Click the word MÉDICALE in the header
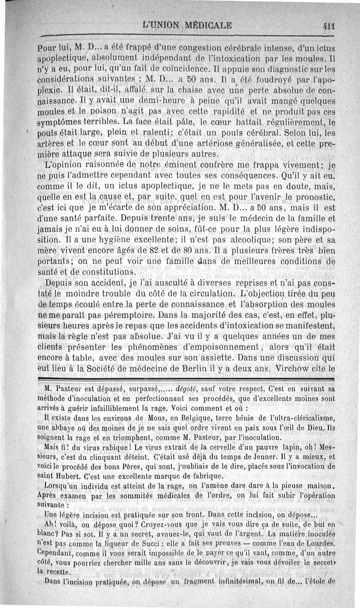click(x=204, y=25)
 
